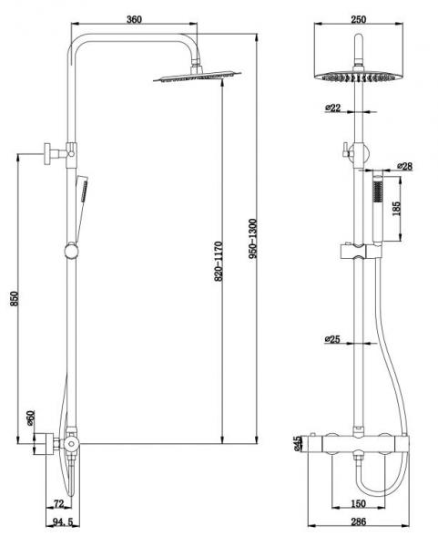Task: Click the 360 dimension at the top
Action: tap(135, 19)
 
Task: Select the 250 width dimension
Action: tap(359, 19)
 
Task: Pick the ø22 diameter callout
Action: tap(332, 108)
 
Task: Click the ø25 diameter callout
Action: tap(332, 339)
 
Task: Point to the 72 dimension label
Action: tap(59, 502)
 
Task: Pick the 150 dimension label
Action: tap(359, 503)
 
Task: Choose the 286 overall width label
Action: tap(359, 522)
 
